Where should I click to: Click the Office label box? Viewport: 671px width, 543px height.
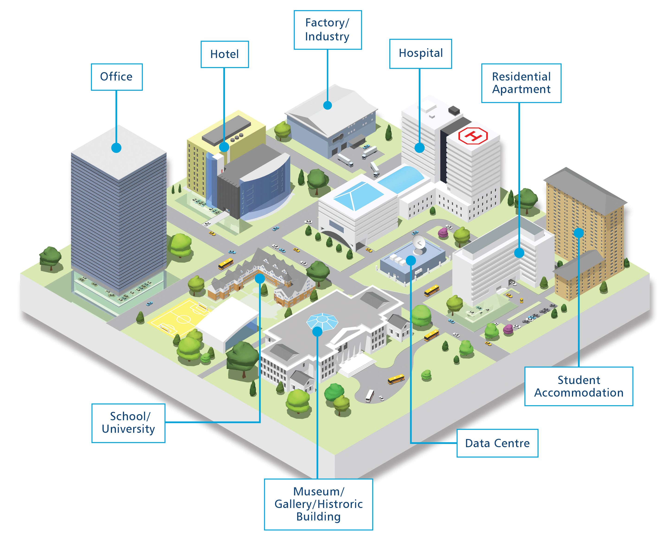[x=117, y=77]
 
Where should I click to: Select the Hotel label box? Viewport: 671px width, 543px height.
[x=225, y=54]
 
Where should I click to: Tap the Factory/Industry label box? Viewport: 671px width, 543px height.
[x=327, y=30]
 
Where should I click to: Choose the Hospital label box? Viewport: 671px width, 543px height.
[x=420, y=53]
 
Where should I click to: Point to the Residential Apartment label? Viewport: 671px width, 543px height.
[x=521, y=83]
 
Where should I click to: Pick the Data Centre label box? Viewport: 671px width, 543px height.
[x=497, y=443]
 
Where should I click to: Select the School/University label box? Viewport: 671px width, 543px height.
[x=128, y=423]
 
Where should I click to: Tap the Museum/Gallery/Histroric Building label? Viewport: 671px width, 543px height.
[x=318, y=504]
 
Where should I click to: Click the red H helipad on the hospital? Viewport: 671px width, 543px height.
[x=473, y=136]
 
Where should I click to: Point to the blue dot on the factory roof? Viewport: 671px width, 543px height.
[x=327, y=105]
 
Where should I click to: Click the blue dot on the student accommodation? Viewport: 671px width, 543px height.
[x=579, y=233]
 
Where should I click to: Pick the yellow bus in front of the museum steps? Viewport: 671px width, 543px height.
[x=396, y=379]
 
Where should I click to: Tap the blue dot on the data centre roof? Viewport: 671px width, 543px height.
[x=411, y=260]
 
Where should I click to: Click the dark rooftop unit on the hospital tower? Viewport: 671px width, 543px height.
[x=454, y=110]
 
